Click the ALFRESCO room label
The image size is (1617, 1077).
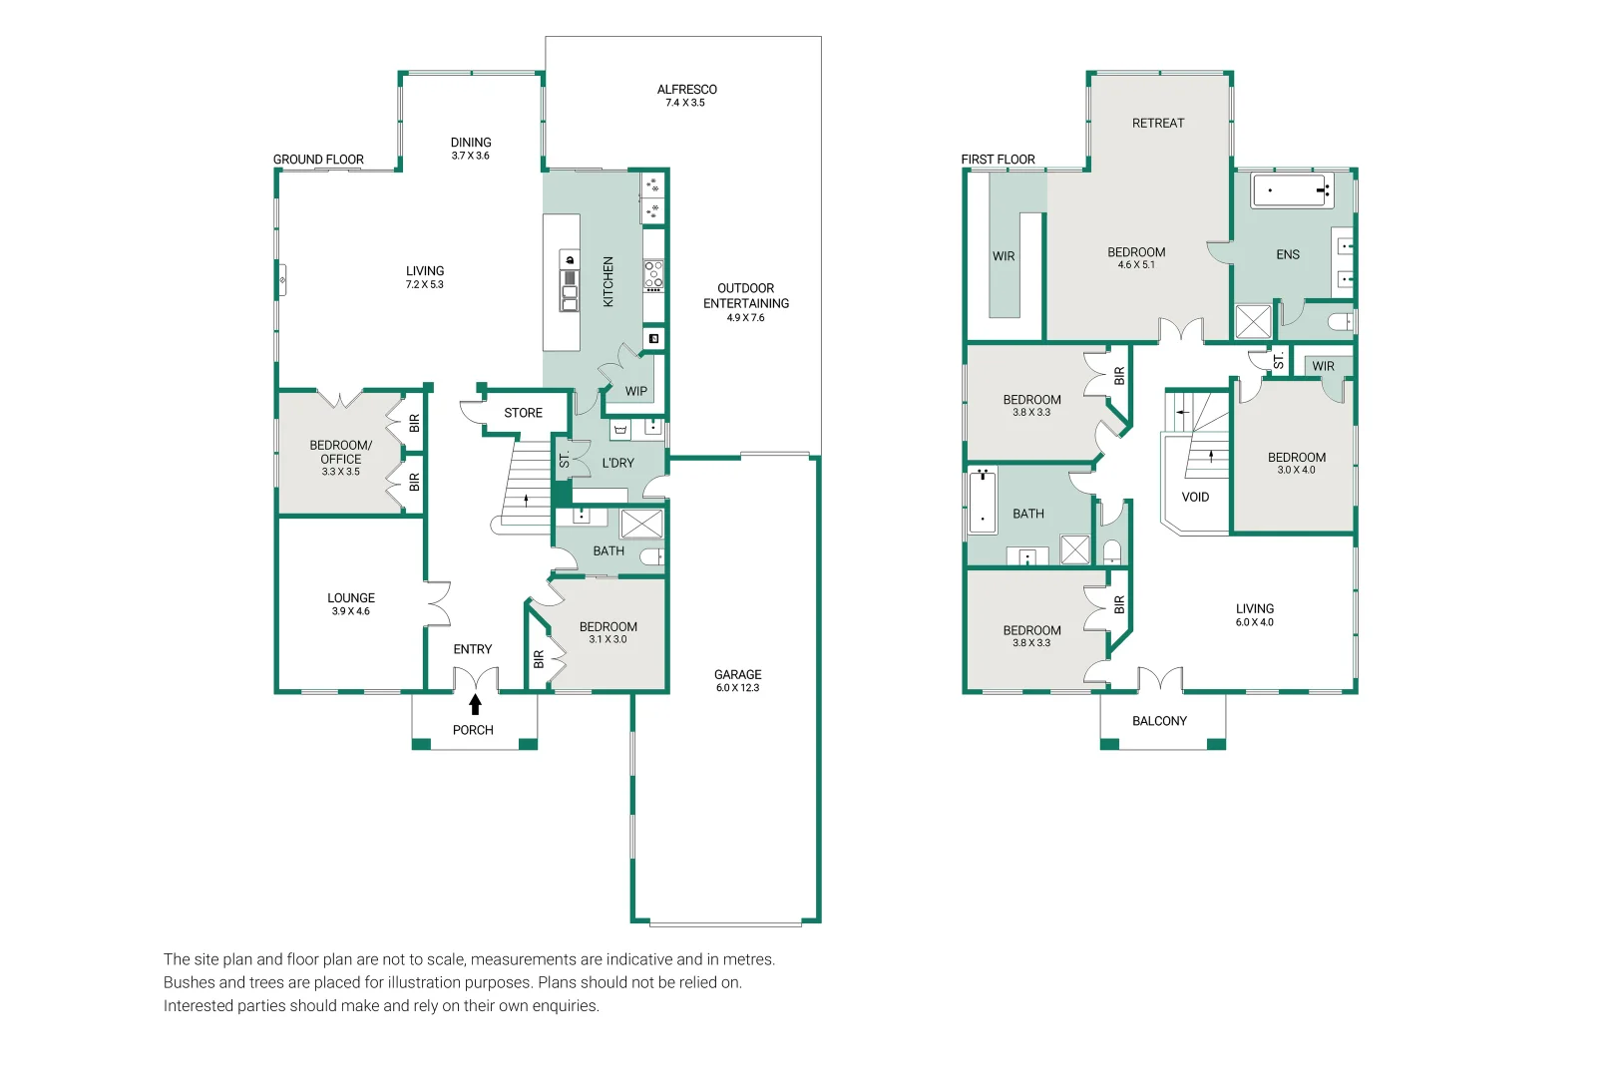coord(686,90)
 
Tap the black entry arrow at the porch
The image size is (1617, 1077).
coord(475,704)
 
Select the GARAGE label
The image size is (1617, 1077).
coord(738,674)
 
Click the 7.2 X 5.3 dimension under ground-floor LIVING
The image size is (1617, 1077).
coord(425,284)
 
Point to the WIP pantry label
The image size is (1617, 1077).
coord(636,391)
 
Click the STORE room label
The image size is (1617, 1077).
coord(523,413)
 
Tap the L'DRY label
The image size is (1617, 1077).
coord(617,463)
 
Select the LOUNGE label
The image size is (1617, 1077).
coord(351,597)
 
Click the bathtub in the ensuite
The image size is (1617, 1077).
coord(1292,190)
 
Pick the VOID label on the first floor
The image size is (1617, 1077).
coord(1195,497)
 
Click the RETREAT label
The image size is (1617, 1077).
coord(1158,124)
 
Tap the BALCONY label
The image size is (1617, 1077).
coord(1159,720)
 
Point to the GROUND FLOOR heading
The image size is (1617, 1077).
coord(318,160)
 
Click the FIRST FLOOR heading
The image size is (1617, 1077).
coord(998,160)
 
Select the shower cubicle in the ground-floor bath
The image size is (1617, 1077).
coord(641,525)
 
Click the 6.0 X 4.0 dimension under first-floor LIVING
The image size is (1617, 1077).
coord(1255,622)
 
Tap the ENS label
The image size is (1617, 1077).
coord(1288,255)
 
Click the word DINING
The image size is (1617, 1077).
coord(471,143)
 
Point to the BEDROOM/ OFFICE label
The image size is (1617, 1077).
coord(341,452)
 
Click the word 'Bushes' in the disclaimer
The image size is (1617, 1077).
coord(189,982)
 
